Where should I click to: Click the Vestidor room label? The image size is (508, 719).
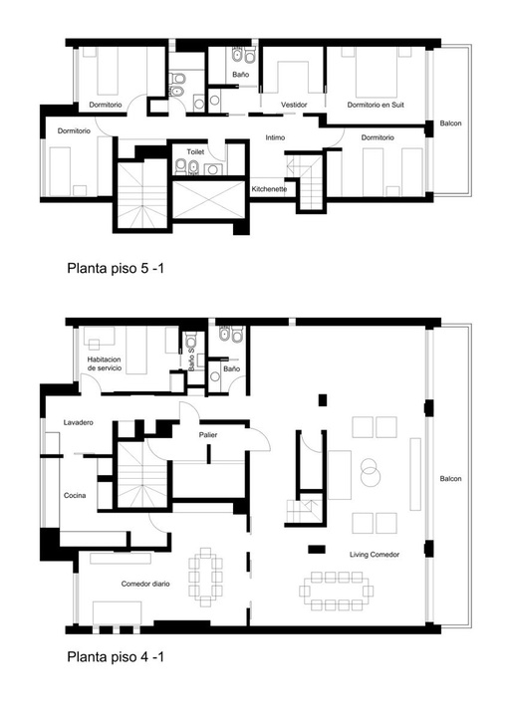pyautogui.click(x=294, y=105)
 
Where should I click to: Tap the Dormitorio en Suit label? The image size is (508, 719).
pyautogui.click(x=376, y=105)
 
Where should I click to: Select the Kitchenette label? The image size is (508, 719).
pyautogui.click(x=269, y=189)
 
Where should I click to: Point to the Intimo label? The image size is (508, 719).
pyautogui.click(x=275, y=137)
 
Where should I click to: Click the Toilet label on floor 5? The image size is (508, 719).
pyautogui.click(x=195, y=151)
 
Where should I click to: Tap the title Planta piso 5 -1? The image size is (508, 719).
pyautogui.click(x=116, y=268)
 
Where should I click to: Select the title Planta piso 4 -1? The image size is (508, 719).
pyautogui.click(x=116, y=657)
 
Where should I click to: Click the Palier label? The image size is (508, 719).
pyautogui.click(x=208, y=435)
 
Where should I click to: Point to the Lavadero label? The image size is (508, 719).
pyautogui.click(x=79, y=422)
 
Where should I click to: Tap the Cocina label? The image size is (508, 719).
pyautogui.click(x=75, y=495)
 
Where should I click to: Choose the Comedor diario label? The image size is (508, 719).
pyautogui.click(x=145, y=584)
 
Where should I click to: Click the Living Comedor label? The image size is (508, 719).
pyautogui.click(x=375, y=555)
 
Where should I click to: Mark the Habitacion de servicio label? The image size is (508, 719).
pyautogui.click(x=105, y=363)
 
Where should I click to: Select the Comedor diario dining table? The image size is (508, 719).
pyautogui.click(x=205, y=577)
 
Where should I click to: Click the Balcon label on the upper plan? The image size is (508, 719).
pyautogui.click(x=450, y=123)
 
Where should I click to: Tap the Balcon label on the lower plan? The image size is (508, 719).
pyautogui.click(x=450, y=479)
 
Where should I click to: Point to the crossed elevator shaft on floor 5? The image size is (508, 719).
pyautogui.click(x=209, y=199)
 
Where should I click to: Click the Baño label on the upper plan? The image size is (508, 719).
pyautogui.click(x=240, y=75)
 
